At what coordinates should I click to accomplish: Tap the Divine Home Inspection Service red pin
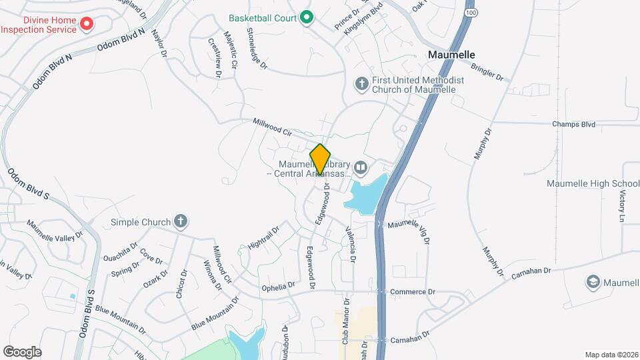(86, 25)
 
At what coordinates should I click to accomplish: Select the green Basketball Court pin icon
(306, 17)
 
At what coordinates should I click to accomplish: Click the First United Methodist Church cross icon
(361, 83)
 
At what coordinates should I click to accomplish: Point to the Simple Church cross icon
(179, 221)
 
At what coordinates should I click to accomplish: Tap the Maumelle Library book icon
(361, 167)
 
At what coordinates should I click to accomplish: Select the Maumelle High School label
(593, 183)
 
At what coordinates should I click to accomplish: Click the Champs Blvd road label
(573, 124)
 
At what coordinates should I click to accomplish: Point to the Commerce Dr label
(412, 292)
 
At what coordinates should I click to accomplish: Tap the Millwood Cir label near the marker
(273, 127)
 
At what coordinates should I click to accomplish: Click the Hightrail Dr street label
(263, 237)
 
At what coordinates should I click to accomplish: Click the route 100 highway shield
(471, 13)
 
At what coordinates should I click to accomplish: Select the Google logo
(22, 351)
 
